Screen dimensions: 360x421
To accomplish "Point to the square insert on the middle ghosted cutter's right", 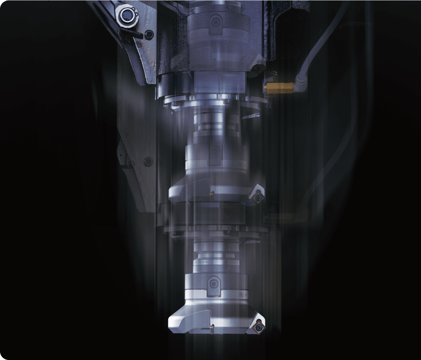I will [258, 195].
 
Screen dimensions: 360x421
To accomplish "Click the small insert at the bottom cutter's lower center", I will [212, 331].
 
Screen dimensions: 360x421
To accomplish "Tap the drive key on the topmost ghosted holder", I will [215, 20].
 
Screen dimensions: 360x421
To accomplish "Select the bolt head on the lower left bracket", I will [149, 160].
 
